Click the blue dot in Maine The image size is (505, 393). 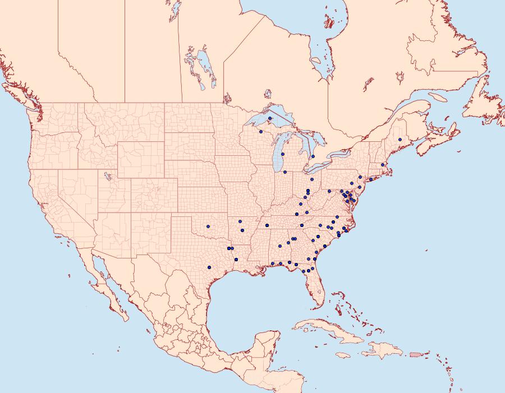point(400,140)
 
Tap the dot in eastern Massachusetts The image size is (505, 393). point(383,165)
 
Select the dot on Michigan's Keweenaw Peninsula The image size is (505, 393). point(270,118)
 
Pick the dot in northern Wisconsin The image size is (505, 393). point(261,132)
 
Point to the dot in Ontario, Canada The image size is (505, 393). point(313,156)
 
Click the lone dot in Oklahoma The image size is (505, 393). point(208,226)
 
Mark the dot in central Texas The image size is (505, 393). point(209,267)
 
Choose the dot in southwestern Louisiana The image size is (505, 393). point(236,259)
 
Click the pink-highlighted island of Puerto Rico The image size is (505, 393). point(415,354)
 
